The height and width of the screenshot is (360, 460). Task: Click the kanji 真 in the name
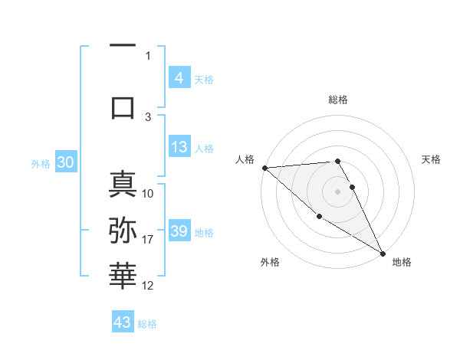click(x=123, y=185)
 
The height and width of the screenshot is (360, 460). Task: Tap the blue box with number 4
click(x=179, y=78)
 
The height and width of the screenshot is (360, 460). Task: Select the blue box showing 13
click(x=179, y=148)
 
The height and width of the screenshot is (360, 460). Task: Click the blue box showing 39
click(x=179, y=232)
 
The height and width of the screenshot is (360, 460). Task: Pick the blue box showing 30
click(x=65, y=162)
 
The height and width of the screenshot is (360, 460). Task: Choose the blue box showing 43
click(x=123, y=322)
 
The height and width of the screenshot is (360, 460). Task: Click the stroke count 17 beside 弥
click(x=148, y=240)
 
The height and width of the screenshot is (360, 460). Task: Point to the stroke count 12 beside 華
click(x=148, y=286)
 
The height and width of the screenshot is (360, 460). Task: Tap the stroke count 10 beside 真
click(x=148, y=193)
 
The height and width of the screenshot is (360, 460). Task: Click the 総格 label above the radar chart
click(x=338, y=100)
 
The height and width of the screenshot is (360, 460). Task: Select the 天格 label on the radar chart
click(x=431, y=159)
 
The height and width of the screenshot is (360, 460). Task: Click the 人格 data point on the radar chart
click(x=264, y=168)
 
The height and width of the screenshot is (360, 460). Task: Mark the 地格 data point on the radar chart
click(x=383, y=254)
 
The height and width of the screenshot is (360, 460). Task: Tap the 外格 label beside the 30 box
click(x=41, y=163)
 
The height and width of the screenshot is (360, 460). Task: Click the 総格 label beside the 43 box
click(x=147, y=324)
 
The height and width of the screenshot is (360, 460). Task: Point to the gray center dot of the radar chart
click(x=338, y=191)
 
